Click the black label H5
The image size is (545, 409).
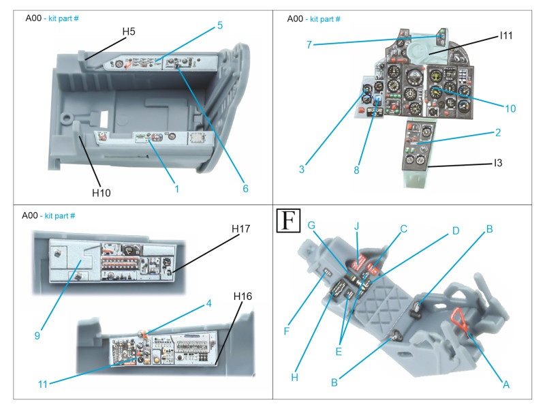(129, 31)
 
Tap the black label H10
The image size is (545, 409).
(102, 193)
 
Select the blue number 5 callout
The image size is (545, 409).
(220, 25)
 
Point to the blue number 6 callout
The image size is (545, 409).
(245, 188)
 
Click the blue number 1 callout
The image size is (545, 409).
(176, 188)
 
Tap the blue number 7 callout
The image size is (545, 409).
(309, 44)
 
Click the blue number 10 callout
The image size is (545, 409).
(511, 108)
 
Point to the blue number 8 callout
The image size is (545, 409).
(356, 170)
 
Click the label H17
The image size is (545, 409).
(242, 230)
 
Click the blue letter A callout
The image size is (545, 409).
(505, 384)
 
